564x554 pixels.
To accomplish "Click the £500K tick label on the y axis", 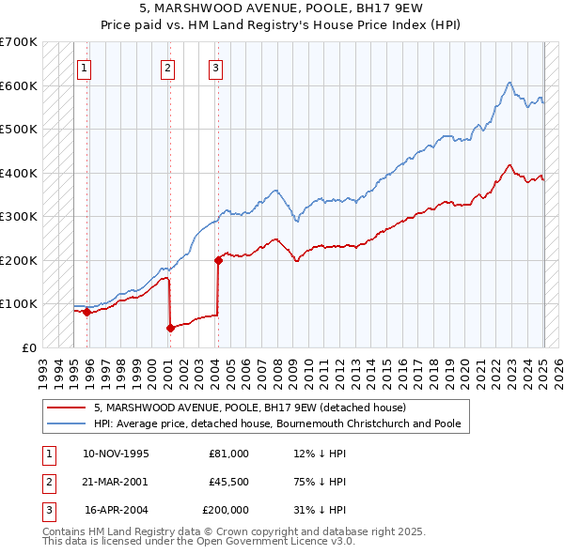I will tap(19, 129).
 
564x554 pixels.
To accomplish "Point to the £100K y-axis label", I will tap(19, 303).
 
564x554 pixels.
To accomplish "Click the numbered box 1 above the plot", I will tap(85, 67).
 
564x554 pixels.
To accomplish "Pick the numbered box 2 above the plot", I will tap(167, 67).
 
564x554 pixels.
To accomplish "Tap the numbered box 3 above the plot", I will tap(215, 67).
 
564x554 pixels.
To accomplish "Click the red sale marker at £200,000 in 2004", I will tap(218, 260).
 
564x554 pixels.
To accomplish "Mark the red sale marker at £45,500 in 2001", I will tap(170, 328).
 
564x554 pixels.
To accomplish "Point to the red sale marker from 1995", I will tap(86, 313).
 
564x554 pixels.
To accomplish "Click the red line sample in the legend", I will tap(66, 408).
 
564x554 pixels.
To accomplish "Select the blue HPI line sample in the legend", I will tap(66, 424).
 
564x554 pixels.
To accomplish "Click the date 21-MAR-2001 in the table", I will tap(116, 482).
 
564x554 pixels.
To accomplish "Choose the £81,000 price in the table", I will tap(228, 454).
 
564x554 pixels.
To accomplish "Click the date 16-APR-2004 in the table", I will tap(117, 510).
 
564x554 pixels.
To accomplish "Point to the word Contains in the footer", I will tap(65, 531).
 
